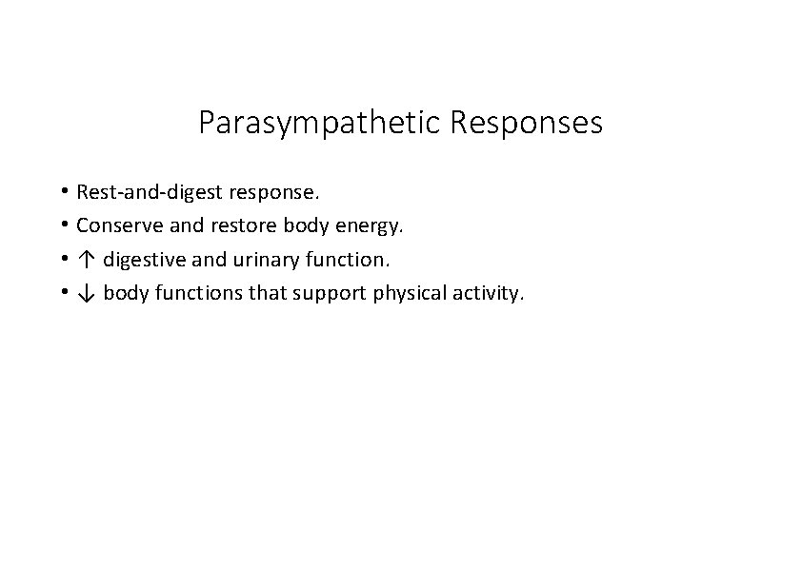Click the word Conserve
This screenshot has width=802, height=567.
118,226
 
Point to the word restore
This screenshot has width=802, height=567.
233,226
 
